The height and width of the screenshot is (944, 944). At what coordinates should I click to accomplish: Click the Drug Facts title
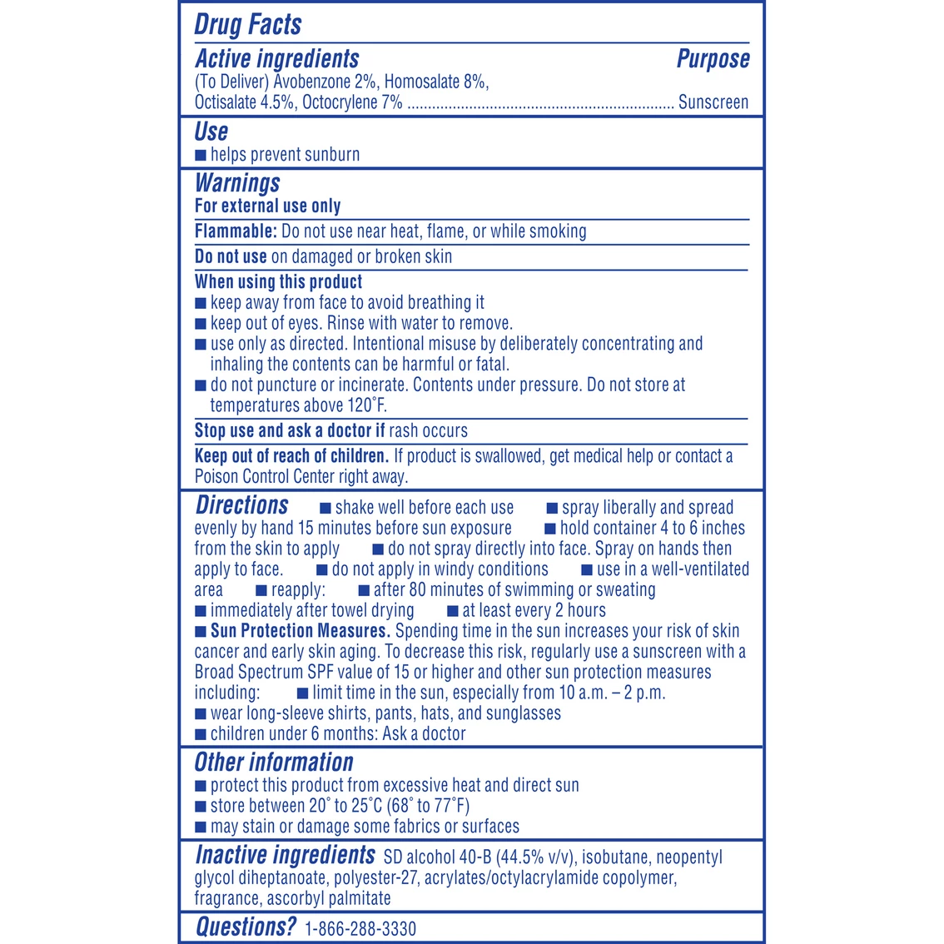248,24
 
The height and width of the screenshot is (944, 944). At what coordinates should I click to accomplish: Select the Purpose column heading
713,59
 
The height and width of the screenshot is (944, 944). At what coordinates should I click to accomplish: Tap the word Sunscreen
713,102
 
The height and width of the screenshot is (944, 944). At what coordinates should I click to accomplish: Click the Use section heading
211,132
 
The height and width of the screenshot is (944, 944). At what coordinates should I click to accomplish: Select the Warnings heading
237,183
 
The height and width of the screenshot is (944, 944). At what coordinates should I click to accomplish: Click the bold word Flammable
236,231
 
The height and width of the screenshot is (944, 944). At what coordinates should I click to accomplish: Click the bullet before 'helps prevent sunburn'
201,155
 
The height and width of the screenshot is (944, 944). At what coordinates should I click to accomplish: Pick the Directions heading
242,505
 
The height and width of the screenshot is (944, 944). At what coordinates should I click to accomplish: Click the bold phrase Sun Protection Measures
300,631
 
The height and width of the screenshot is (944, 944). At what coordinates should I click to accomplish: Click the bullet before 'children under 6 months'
201,734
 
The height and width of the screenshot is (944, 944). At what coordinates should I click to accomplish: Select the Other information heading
274,763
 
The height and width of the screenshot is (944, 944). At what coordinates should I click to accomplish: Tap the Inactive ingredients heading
285,855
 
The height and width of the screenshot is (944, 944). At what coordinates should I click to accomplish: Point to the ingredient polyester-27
375,877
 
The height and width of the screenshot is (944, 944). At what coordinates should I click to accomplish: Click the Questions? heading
246,927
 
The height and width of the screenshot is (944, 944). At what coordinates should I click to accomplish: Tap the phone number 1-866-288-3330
360,929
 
